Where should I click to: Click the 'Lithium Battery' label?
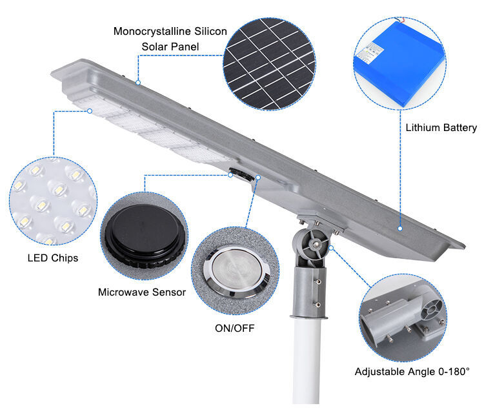pyautogui.click(x=441, y=128)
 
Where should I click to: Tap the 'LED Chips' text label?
pyautogui.click(x=53, y=258)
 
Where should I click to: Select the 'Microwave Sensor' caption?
pyautogui.click(x=142, y=292)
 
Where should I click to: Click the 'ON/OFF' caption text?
pyautogui.click(x=234, y=328)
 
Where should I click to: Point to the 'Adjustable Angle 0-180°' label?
pyautogui.click(x=412, y=372)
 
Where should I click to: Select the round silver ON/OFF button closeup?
pyautogui.click(x=235, y=271)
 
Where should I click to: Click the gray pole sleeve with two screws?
pyautogui.click(x=308, y=291)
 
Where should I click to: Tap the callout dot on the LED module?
pyautogui.click(x=90, y=111)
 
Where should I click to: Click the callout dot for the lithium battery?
pyautogui.click(x=400, y=228)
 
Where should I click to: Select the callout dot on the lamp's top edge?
pyautogui.click(x=137, y=83)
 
